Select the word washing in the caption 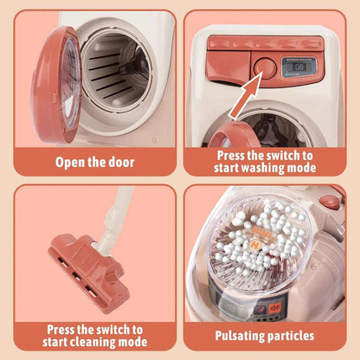coord(262,168)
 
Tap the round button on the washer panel coord(264,67)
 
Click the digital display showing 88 coord(299,67)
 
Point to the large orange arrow coord(245,96)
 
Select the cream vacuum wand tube coord(115,219)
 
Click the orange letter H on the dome coord(254,246)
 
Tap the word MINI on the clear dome coord(262,232)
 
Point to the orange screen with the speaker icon coord(273,309)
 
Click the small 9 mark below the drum coord(155,142)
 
